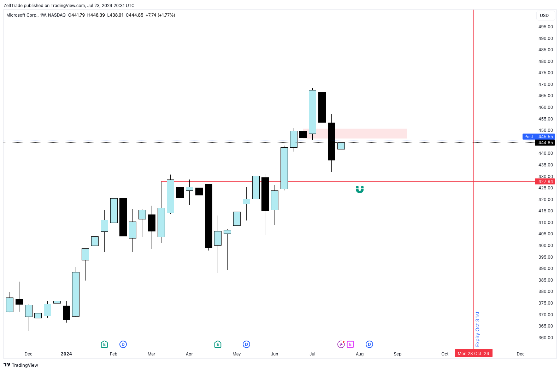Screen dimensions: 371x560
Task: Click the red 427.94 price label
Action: [545, 182]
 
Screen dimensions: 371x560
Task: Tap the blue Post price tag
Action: [529, 137]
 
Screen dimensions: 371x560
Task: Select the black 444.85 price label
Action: [545, 143]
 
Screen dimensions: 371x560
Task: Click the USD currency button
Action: [544, 16]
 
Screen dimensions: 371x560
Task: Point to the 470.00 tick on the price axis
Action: [545, 84]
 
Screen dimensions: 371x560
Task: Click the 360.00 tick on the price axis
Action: [545, 338]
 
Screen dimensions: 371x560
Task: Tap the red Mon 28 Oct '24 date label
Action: [473, 354]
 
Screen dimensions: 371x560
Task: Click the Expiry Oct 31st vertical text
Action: [478, 329]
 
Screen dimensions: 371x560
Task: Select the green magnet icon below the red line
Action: [360, 190]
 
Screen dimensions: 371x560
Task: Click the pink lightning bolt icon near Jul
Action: [341, 344]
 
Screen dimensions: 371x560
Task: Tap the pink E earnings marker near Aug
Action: [350, 344]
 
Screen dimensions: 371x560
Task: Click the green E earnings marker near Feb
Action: [104, 344]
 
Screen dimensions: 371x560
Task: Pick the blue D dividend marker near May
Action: [246, 344]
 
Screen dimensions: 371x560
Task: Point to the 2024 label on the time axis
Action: [66, 354]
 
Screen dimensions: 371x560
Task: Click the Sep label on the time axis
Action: [397, 354]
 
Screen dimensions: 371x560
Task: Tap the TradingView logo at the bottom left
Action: [21, 365]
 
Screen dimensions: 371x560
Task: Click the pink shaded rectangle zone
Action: [371, 134]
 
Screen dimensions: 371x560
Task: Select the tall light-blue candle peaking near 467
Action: [312, 112]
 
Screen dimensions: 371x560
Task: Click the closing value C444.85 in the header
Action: [135, 15]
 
